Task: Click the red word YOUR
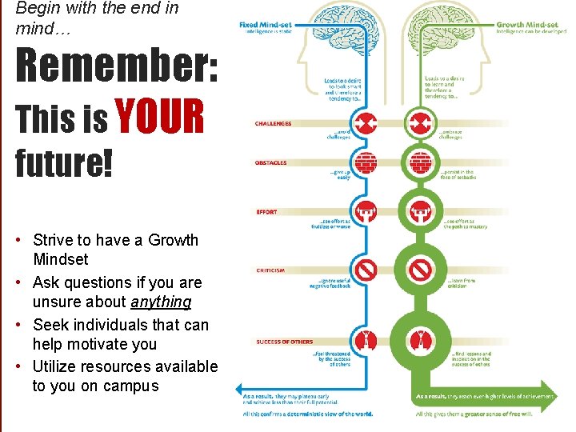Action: point(160,118)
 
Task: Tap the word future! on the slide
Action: point(64,163)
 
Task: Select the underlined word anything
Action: point(162,302)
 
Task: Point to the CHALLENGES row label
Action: point(273,124)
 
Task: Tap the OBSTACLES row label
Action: point(270,163)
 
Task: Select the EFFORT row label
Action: point(266,212)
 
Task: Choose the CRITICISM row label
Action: point(270,270)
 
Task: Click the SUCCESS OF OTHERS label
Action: point(284,342)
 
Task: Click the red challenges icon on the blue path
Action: point(366,124)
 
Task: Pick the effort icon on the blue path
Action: point(366,212)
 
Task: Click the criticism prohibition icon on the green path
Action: point(420,270)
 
